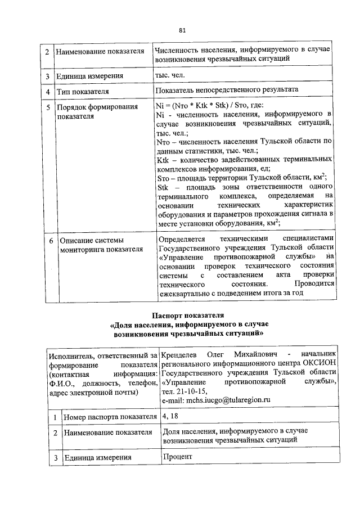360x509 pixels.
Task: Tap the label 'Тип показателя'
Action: pos(83,91)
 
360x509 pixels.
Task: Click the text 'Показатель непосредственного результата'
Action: pos(227,90)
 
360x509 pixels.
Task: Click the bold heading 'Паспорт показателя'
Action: pos(188,315)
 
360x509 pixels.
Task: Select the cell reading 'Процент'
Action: pos(178,457)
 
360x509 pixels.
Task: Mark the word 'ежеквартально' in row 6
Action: pos(186,292)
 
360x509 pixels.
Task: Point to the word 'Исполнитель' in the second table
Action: pos(70,355)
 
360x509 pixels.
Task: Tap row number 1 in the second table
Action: pos(56,417)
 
